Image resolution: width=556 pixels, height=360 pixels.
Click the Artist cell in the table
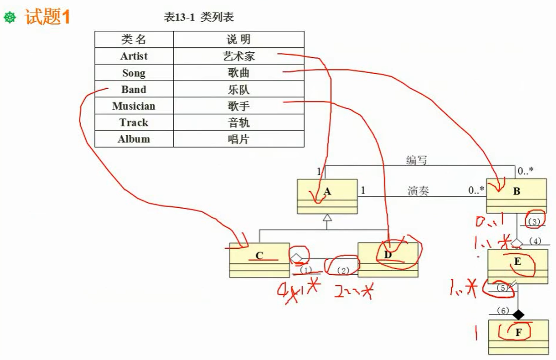click(134, 56)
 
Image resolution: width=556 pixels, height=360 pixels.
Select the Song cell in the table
click(134, 73)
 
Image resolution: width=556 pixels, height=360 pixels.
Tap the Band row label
click(134, 89)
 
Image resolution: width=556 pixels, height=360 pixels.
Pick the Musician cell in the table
click(134, 106)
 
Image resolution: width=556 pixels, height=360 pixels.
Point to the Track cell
click(134, 122)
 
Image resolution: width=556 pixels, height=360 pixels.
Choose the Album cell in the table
click(134, 139)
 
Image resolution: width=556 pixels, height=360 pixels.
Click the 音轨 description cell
click(238, 122)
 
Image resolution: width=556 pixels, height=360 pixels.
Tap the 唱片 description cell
click(238, 139)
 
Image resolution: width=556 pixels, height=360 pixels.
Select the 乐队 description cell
click(238, 89)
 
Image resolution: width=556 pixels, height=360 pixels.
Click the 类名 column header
click(134, 39)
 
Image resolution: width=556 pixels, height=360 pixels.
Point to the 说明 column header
click(238, 39)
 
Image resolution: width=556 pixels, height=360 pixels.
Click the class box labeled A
click(327, 196)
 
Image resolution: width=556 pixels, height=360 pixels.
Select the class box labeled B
click(516, 196)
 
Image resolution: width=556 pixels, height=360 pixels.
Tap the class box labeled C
click(259, 260)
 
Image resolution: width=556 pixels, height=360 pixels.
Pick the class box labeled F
click(518, 337)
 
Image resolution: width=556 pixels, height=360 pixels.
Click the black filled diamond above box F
click(519, 314)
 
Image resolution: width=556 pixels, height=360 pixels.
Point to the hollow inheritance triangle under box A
click(327, 218)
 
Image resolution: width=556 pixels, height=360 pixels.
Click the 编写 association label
click(416, 160)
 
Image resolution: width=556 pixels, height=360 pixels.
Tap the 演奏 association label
click(418, 191)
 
